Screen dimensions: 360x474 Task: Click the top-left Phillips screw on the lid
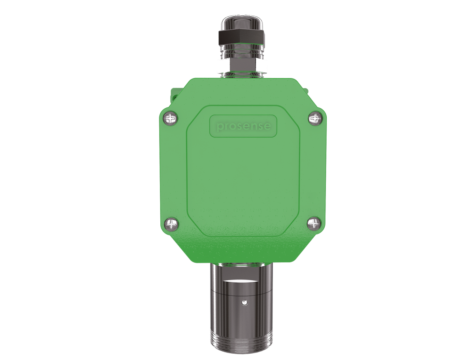[x=170, y=118]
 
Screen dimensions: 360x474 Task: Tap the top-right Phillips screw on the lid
[x=315, y=117]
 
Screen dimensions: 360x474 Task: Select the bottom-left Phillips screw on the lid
[x=171, y=224]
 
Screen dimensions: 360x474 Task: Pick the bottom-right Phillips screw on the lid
[x=314, y=224]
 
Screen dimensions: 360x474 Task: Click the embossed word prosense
[x=243, y=126]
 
